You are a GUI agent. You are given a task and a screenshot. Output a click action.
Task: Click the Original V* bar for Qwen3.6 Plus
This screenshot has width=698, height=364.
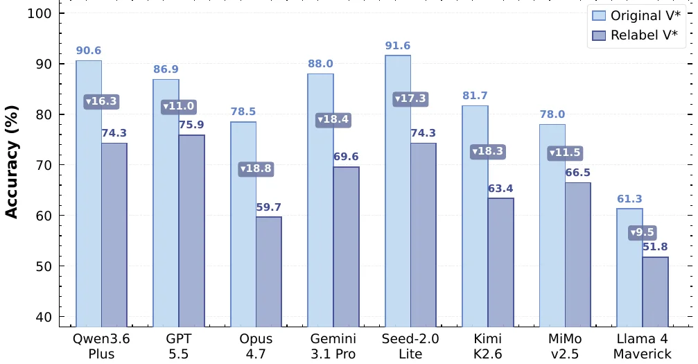tap(89, 194)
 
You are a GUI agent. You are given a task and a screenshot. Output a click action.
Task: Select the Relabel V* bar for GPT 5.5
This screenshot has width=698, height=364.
tap(192, 231)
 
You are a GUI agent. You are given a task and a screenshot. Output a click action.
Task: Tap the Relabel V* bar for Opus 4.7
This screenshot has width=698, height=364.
tap(269, 272)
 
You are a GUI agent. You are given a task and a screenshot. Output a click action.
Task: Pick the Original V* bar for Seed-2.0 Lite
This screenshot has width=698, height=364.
tap(398, 191)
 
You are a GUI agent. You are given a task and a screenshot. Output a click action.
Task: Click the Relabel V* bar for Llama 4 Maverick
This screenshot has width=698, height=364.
tap(655, 292)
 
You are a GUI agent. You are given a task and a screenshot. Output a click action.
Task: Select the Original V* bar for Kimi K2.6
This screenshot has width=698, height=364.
tap(475, 216)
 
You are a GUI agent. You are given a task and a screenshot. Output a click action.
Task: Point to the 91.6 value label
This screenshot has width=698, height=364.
tap(398, 46)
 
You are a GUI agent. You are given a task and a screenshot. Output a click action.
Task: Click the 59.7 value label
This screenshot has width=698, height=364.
tap(269, 207)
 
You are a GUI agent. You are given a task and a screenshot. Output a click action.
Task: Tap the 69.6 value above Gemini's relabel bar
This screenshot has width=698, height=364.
tap(346, 157)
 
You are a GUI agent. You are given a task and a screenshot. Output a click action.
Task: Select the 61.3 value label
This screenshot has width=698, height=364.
tap(629, 199)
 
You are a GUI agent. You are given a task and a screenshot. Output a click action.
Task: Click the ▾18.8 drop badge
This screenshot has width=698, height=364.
tap(256, 168)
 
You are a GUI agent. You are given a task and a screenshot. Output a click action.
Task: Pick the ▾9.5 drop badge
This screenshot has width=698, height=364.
tap(643, 232)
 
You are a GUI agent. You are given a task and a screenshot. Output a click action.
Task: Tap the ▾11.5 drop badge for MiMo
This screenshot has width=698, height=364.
tap(565, 153)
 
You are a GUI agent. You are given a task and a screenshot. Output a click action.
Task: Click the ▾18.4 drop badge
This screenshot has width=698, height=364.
tap(333, 119)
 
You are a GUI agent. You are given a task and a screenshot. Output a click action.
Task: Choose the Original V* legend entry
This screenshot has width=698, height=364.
tap(636, 15)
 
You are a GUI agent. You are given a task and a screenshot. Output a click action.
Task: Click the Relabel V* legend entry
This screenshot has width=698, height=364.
tap(635, 35)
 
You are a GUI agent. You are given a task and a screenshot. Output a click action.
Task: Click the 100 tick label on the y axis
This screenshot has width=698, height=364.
tap(40, 13)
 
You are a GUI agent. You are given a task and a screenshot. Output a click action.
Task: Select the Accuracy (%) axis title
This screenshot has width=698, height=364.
tap(11, 162)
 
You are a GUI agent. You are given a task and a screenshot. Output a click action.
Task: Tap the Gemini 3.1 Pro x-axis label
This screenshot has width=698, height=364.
tap(333, 346)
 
